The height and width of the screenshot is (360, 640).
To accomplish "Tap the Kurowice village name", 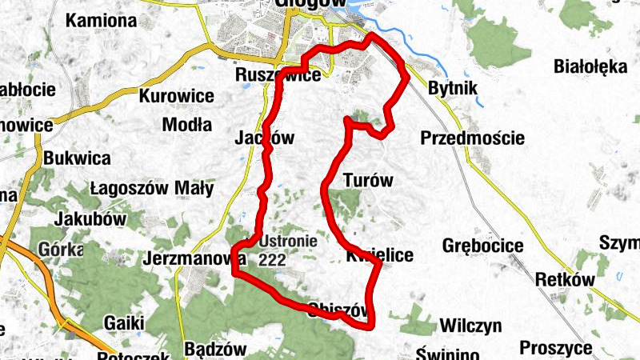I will click(x=177, y=97).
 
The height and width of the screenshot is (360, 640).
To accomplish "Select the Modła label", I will click(x=187, y=124).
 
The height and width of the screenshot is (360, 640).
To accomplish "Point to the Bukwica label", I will click(x=78, y=158).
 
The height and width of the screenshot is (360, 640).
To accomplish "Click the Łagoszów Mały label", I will click(x=152, y=189).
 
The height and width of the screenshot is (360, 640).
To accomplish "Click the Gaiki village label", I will click(x=124, y=322).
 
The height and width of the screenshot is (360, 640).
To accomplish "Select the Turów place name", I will click(x=368, y=180).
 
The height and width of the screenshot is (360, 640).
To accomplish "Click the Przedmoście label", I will click(x=472, y=138).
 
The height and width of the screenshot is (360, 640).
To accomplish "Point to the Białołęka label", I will click(x=590, y=66).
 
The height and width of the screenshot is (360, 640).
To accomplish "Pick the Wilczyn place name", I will click(x=470, y=326).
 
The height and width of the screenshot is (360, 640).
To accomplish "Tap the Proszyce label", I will click(x=556, y=348).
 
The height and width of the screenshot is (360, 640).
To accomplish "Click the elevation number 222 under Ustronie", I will click(x=273, y=259).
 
